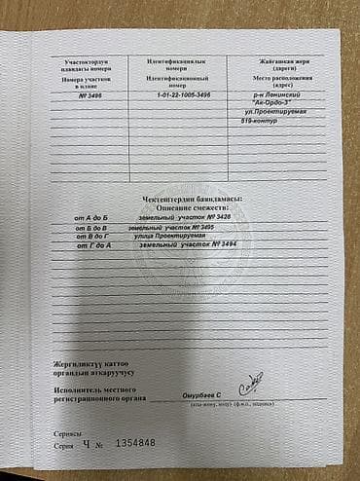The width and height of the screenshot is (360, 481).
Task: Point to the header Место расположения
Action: (x=282, y=77)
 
